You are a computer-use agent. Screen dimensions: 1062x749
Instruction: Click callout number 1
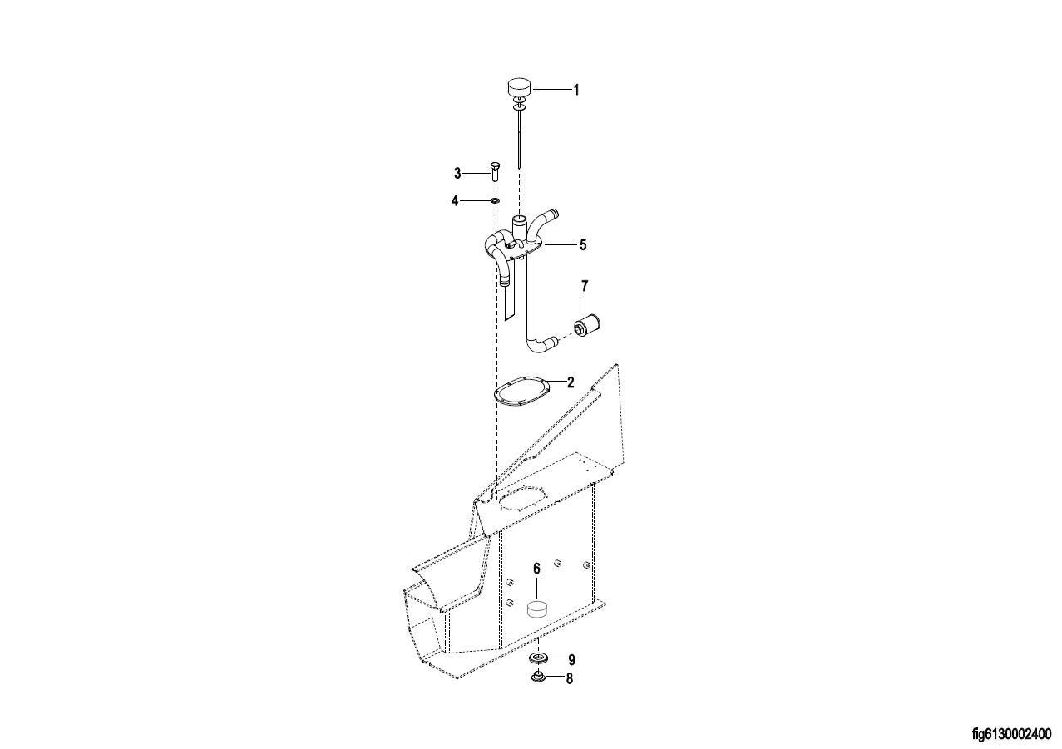(x=576, y=90)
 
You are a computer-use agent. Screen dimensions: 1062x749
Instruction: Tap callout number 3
(x=457, y=174)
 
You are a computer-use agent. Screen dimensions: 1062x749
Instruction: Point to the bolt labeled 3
(x=493, y=172)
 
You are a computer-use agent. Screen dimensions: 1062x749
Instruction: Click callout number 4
(x=455, y=201)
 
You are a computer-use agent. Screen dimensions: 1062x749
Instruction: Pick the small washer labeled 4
(x=495, y=201)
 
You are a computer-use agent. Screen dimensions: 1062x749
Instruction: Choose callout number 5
(x=583, y=244)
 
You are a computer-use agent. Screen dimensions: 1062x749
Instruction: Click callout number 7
(x=585, y=286)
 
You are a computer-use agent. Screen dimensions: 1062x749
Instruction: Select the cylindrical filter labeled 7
(x=587, y=327)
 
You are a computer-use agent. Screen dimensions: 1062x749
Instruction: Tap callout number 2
(x=571, y=382)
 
